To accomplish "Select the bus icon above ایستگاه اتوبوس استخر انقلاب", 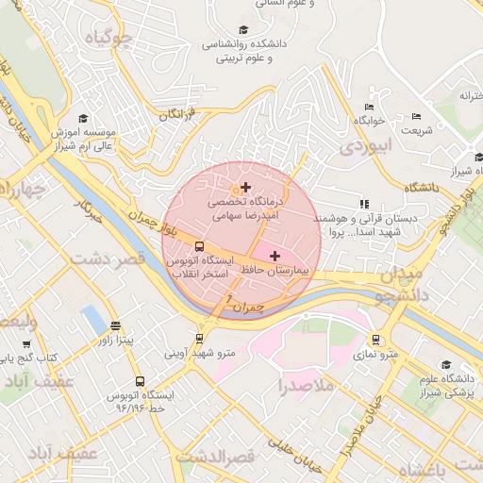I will tap(198, 248).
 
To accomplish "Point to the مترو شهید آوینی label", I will tap(200, 355).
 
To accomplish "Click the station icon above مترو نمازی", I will tap(376, 340).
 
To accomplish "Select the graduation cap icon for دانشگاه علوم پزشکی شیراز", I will tap(445, 364).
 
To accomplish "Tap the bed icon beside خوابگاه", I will tap(368, 107).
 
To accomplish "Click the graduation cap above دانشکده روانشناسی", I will tap(244, 29).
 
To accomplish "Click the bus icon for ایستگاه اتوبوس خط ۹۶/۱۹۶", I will tap(141, 382).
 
